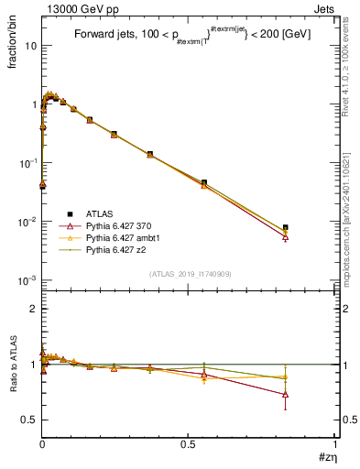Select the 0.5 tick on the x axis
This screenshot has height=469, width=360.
point(188,445)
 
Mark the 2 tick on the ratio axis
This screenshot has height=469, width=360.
point(35,309)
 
